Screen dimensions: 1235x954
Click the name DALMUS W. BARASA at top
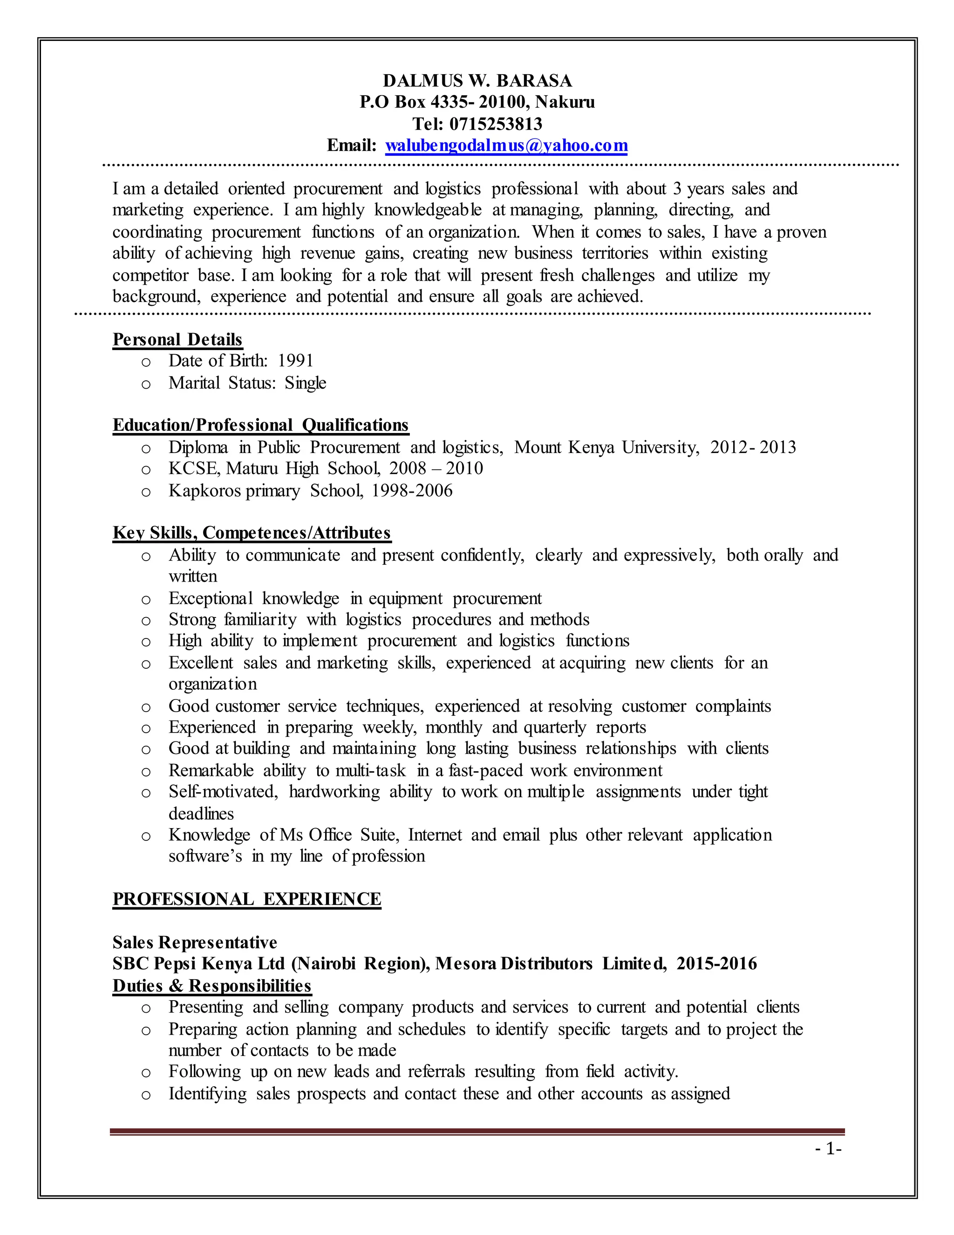pos(477,81)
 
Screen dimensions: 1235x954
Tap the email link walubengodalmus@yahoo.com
pos(506,145)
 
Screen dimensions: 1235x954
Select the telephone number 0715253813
pos(495,124)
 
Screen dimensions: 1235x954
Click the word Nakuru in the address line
pos(565,103)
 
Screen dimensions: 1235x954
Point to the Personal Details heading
pos(177,339)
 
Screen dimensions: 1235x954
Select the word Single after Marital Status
pos(305,383)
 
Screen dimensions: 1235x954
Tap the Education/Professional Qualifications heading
pos(260,425)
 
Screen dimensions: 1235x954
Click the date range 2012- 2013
pos(753,447)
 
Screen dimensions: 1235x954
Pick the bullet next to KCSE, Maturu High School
pos(146,470)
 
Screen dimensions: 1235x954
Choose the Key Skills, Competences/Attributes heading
pos(252,533)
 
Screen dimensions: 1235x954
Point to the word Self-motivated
pos(223,792)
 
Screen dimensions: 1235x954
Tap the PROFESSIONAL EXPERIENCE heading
pos(247,899)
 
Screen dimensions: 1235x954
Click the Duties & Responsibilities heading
pos(212,986)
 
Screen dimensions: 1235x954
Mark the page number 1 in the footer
pos(830,1149)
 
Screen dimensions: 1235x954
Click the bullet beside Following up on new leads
pos(146,1073)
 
